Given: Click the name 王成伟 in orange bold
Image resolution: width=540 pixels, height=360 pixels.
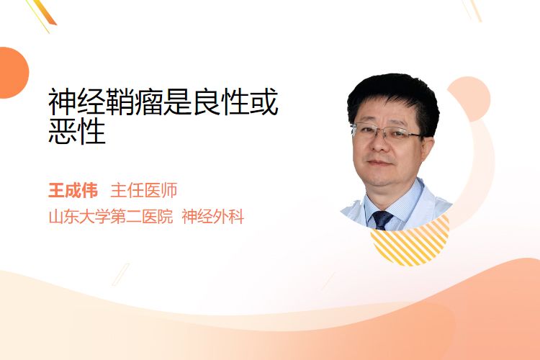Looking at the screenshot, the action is [73, 191].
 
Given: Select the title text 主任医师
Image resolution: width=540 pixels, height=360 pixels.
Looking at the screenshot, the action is [143, 191].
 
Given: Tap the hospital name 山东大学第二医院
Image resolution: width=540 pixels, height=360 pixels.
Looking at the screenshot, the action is [111, 217].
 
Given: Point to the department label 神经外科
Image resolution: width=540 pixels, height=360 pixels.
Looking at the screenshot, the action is [213, 217].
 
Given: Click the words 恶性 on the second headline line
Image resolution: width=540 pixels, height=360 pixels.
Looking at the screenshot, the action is [77, 131].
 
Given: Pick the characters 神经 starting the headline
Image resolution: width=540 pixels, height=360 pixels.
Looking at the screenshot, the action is [76, 102].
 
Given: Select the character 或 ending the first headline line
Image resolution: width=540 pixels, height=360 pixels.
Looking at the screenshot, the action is [264, 102].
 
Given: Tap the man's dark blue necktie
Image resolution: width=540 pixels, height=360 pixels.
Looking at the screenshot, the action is [382, 220].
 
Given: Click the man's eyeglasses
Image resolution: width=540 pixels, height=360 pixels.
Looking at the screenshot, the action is [387, 132].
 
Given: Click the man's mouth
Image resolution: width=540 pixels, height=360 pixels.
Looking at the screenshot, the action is [379, 163].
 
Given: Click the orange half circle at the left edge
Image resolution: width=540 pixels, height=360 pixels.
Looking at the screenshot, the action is [13, 73].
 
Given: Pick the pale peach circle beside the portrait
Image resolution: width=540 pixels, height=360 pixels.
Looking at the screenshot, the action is [469, 99].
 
